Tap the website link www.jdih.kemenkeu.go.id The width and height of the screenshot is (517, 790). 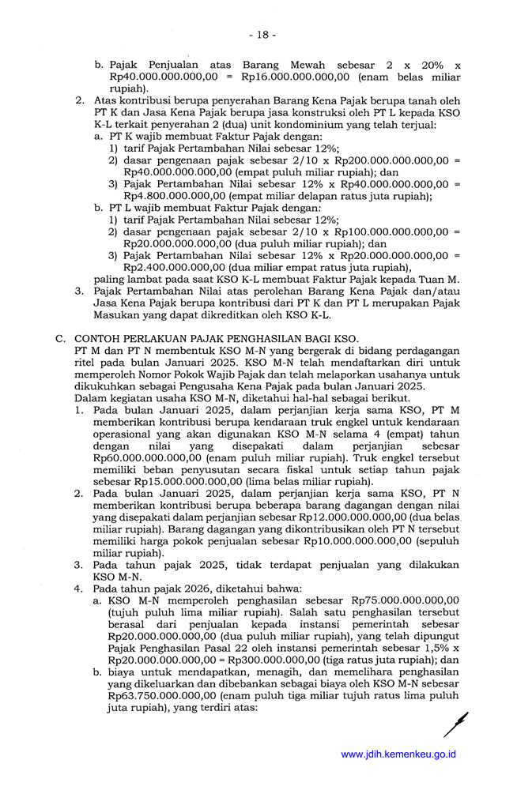pyautogui.click(x=398, y=754)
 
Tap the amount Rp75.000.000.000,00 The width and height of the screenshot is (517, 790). pyautogui.click(x=405, y=600)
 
